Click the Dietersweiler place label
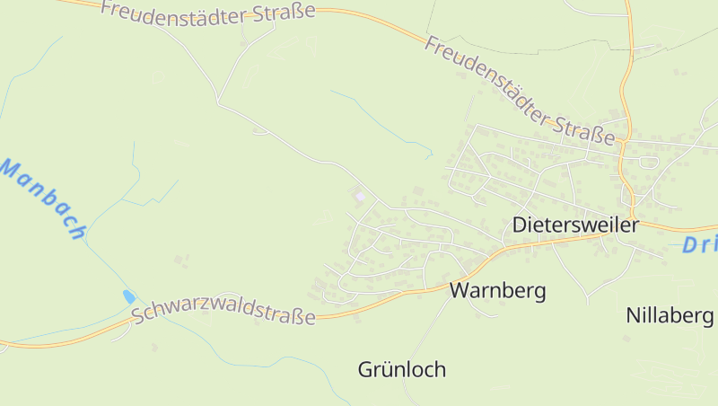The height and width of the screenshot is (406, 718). pos(575,225)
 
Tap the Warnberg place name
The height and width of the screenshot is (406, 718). pos(497,291)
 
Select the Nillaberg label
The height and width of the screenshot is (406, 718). pos(670,315)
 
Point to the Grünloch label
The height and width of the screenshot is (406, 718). pos(401,369)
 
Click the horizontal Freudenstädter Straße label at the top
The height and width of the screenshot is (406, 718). pos(208,12)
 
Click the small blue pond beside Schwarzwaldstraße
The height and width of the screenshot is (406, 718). pos(129,296)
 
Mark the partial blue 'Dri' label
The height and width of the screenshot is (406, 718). pos(699,244)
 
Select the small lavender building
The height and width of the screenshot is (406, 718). pos(360,196)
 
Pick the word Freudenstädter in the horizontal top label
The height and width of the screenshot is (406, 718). pos(175,11)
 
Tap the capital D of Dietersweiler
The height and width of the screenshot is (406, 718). pos(519,225)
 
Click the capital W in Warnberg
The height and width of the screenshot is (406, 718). pos(459,291)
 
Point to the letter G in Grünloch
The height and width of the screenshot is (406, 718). pos(365,369)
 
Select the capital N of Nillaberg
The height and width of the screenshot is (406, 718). pos(633,315)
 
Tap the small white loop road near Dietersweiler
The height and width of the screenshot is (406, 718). pos(648,162)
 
